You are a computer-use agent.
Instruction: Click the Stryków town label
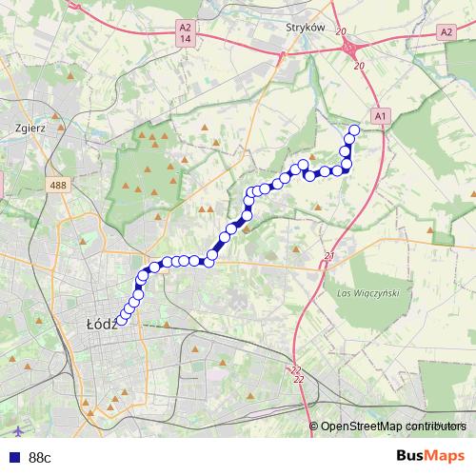(305, 29)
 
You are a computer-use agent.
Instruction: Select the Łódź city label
(101, 324)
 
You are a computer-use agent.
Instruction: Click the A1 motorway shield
(380, 116)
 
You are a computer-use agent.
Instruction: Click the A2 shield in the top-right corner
(446, 31)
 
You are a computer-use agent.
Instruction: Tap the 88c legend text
(40, 457)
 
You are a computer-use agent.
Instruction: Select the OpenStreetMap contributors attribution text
(393, 426)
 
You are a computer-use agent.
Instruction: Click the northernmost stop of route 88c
(355, 130)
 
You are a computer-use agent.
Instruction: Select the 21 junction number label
(329, 256)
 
